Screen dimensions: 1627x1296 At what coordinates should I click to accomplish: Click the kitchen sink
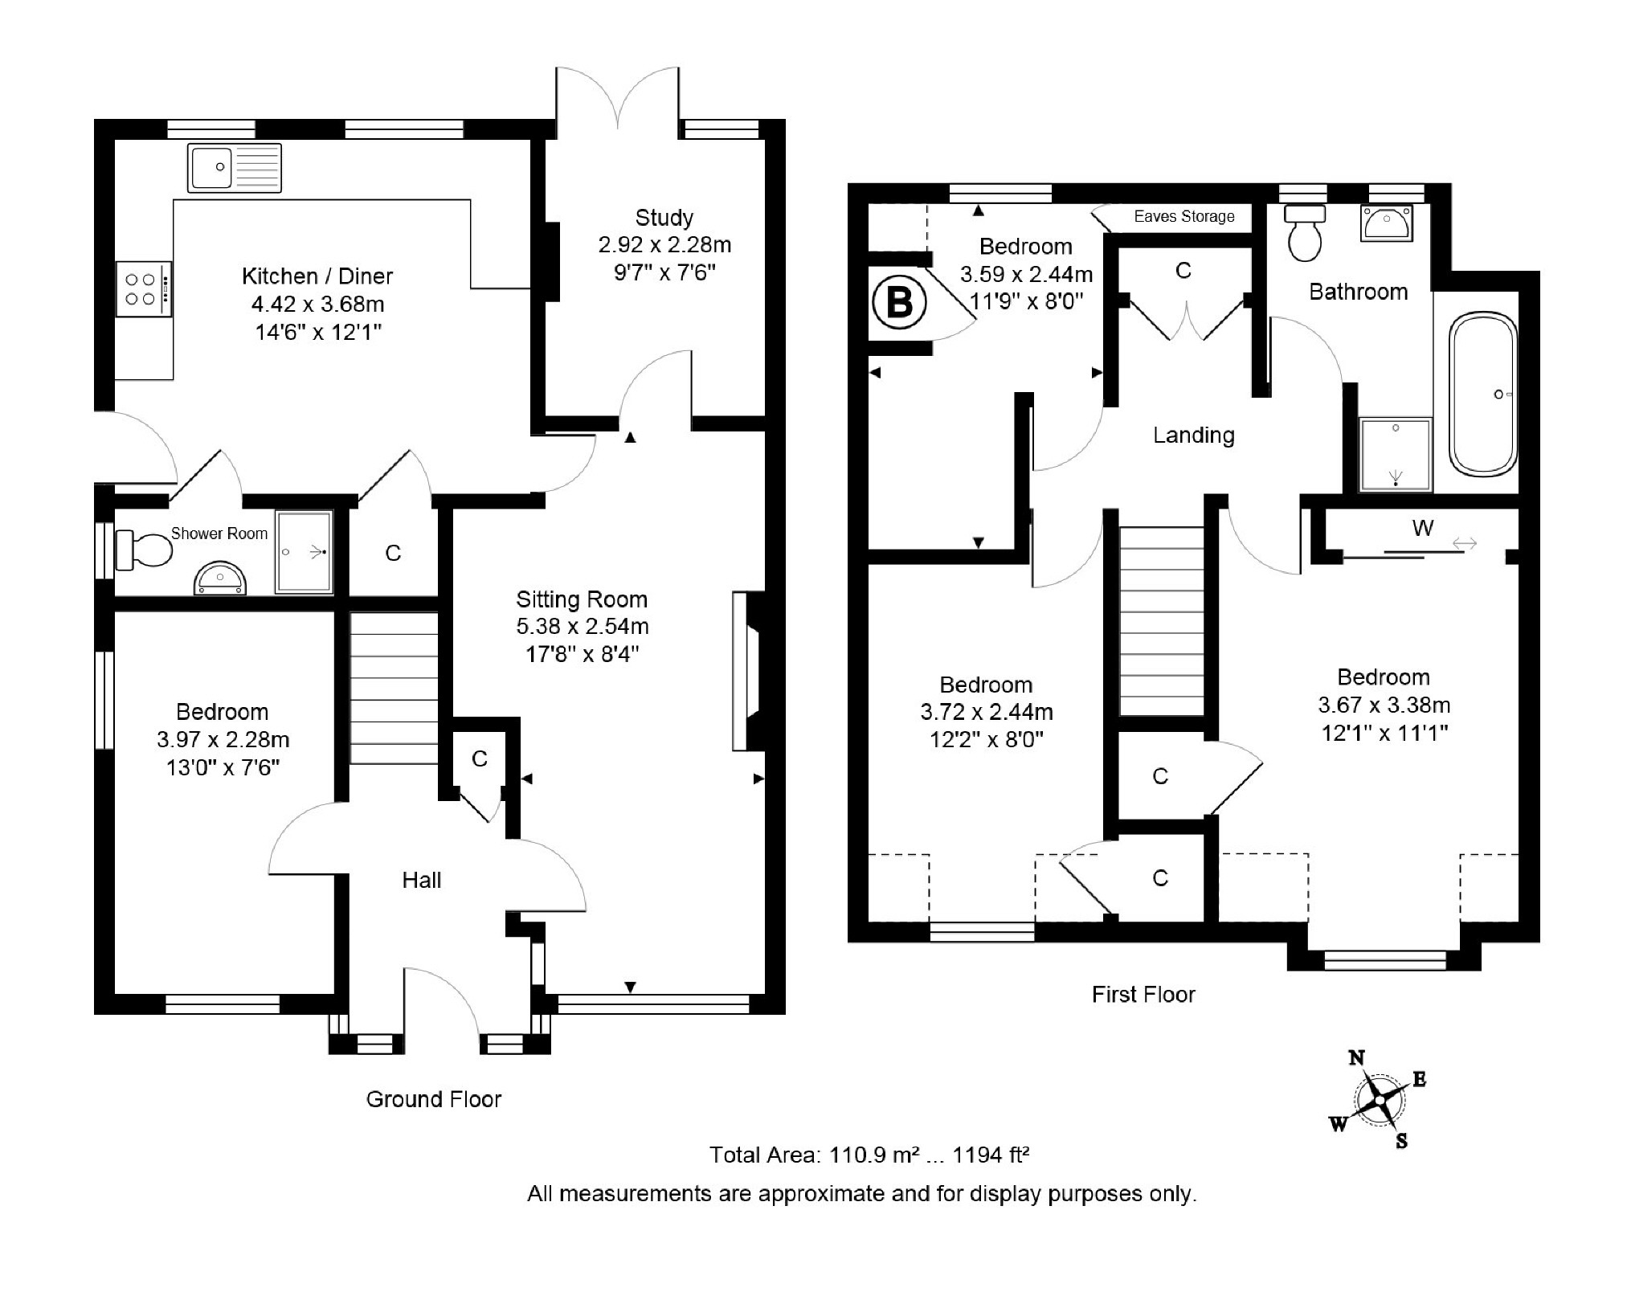tap(234, 168)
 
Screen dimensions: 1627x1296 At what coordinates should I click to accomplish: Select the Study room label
tap(664, 218)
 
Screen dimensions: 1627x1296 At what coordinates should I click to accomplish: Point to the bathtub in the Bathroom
tap(1483, 395)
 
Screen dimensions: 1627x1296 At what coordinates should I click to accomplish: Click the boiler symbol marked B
tap(899, 304)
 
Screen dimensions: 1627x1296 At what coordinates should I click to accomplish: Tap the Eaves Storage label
tap(1183, 216)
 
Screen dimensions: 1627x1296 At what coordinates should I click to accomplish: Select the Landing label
tap(1193, 435)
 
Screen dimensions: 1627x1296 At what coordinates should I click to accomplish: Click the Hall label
tap(422, 881)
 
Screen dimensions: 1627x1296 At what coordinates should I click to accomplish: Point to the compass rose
tap(1379, 1100)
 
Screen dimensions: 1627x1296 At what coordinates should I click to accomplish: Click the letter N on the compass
tap(1356, 1058)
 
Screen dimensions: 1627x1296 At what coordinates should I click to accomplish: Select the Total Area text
tap(869, 1155)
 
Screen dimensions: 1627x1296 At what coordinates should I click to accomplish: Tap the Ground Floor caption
tap(433, 1099)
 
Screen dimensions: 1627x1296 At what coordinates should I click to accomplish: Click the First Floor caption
tap(1143, 995)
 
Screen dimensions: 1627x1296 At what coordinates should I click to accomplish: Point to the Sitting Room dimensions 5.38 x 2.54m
tap(582, 627)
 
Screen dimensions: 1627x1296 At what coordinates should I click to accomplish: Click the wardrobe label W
tap(1422, 528)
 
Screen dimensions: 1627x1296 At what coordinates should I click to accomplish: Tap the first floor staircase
tap(1163, 620)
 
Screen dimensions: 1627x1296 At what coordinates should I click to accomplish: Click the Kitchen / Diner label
tap(317, 276)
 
